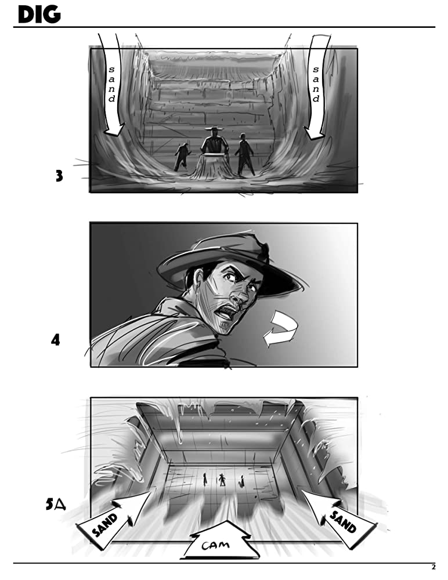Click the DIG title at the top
click(x=39, y=15)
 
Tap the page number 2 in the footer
click(x=433, y=567)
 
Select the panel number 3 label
click(x=59, y=176)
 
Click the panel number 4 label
click(x=55, y=340)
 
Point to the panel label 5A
click(x=56, y=504)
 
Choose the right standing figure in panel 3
click(x=244, y=154)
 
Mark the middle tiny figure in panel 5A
click(x=222, y=480)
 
